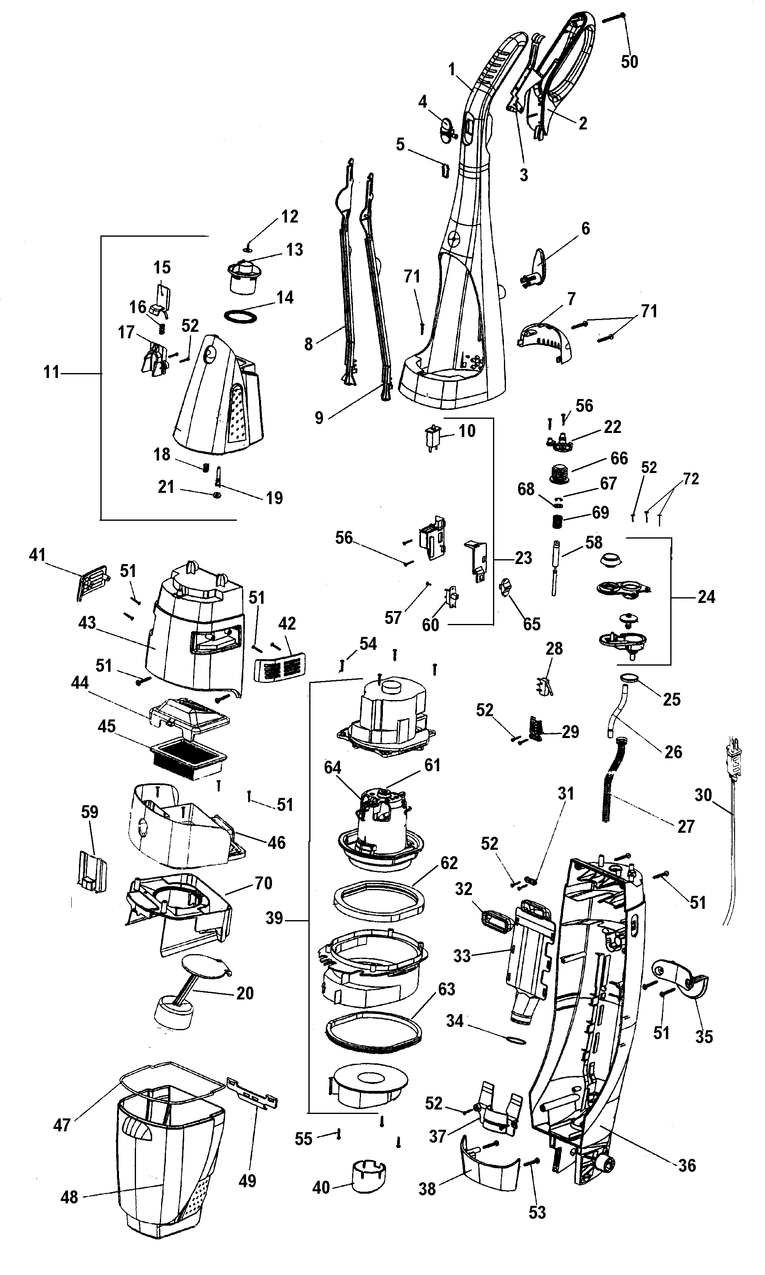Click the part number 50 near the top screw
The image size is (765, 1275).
point(629,62)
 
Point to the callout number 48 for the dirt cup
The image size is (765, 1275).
point(69,1197)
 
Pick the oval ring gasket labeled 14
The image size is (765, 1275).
point(241,316)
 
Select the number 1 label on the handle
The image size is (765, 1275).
point(452,69)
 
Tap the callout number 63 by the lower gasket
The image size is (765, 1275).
point(446,989)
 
